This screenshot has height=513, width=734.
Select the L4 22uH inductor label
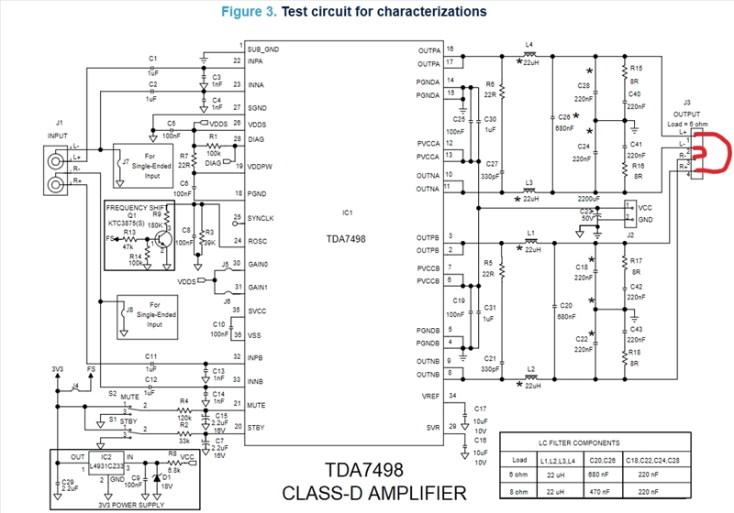pos(529,48)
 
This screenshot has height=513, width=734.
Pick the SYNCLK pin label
pos(262,219)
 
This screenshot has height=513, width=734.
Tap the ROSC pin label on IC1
pos(258,242)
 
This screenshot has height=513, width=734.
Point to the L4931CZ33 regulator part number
pos(110,466)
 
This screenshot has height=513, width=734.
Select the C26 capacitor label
pos(565,117)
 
